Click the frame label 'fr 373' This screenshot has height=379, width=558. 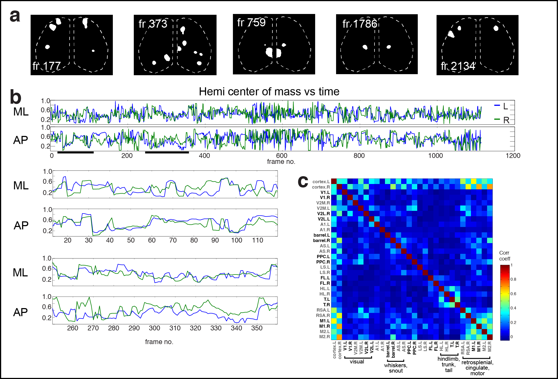pos(153,24)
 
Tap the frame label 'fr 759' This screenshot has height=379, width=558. pos(251,23)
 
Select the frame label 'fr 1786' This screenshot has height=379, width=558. pos(359,24)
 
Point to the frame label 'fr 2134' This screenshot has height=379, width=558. pos(458,66)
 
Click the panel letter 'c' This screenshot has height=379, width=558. pos(303,182)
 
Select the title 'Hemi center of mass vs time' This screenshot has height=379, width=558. pos(269,92)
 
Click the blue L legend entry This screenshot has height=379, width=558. pos(501,106)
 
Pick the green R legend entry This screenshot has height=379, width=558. pos(502,120)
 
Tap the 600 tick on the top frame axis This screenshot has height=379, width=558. pos(282,156)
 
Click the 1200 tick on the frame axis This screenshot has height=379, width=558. pos(513,156)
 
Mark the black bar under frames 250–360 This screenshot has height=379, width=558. pos(167,153)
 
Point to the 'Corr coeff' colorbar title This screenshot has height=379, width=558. pos(504,256)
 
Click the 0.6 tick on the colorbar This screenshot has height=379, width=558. pos(513,294)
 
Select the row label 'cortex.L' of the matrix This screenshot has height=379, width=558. pos(321,182)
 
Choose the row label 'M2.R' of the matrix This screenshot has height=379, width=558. pos(324,337)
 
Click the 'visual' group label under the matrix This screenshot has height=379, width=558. pos(357,362)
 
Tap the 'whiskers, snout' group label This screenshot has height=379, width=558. pos(395,368)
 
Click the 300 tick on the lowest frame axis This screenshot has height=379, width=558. pos(154,328)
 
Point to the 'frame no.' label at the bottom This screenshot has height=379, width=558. pos(159,342)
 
